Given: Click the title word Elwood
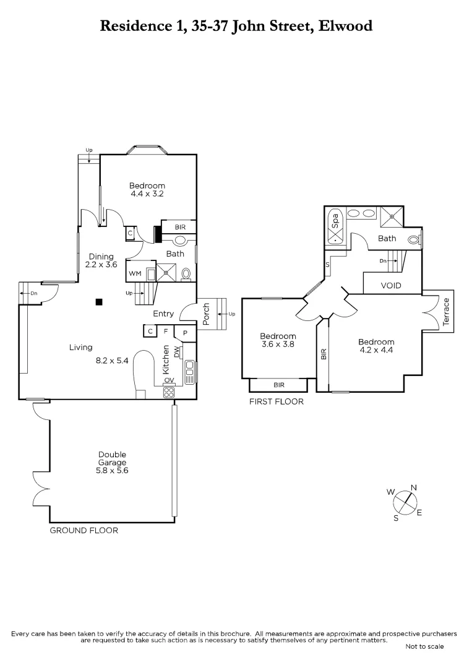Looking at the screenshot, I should coord(345,25).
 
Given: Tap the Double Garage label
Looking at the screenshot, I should coord(112,458).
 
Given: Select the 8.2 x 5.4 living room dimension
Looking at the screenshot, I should coord(112,361).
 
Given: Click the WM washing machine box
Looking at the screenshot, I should coord(134,273).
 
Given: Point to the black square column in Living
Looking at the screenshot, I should coord(98,302).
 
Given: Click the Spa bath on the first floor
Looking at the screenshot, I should coord(335,227).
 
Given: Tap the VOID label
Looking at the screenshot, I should coord(391,286).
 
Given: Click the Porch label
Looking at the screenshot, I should coord(207,314).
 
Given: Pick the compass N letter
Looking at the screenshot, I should coord(413,487).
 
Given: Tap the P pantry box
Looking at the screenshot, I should coord(185,333).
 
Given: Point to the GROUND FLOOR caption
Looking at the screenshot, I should coord(84,530).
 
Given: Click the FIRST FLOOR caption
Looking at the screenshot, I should coord(277,401).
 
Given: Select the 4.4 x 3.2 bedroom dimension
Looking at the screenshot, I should coord(147,194).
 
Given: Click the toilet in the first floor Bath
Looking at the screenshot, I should coord(414,240).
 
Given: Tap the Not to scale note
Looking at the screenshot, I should coord(424,646).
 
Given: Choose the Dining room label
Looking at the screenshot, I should coord(101,257).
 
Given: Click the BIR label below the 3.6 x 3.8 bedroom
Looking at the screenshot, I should coord(279,385).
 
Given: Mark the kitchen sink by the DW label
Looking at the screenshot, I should coord(189,369).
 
